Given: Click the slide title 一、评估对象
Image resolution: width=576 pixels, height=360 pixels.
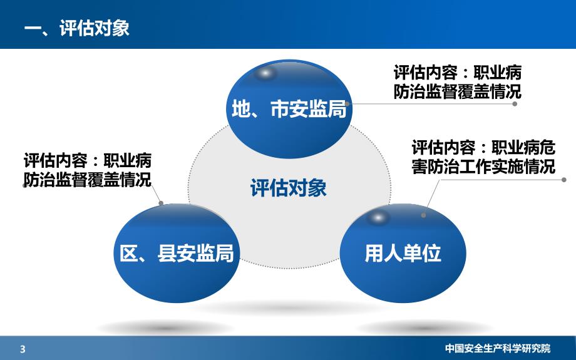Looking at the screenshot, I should [x=76, y=29].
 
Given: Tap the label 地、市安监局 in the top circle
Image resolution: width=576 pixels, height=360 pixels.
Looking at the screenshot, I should [x=289, y=110].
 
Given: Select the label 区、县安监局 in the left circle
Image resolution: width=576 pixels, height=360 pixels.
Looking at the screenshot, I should [x=177, y=254].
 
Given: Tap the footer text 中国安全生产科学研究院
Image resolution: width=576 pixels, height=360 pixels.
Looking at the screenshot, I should [x=498, y=349].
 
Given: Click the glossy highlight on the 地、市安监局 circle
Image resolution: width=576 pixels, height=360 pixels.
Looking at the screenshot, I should [x=267, y=74].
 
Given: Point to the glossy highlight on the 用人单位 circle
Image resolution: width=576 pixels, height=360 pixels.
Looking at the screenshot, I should [x=377, y=218].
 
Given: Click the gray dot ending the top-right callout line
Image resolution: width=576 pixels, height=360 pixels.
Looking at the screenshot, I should [x=515, y=104].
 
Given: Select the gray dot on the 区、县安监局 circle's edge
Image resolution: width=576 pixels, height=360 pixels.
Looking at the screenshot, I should [x=161, y=203].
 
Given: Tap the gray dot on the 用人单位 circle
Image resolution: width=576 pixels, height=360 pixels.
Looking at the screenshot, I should [x=424, y=215].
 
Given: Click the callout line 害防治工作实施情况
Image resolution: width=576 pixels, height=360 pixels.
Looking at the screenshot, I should [x=483, y=167].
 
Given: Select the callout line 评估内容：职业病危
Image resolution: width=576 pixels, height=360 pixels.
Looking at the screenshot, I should [x=483, y=148].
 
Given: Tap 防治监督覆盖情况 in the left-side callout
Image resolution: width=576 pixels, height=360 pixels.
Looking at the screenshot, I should [x=87, y=180].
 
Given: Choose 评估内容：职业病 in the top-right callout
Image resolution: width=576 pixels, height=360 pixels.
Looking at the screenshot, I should [x=458, y=71].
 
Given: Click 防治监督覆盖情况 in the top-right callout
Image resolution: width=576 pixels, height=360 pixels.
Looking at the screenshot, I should [x=458, y=91].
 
